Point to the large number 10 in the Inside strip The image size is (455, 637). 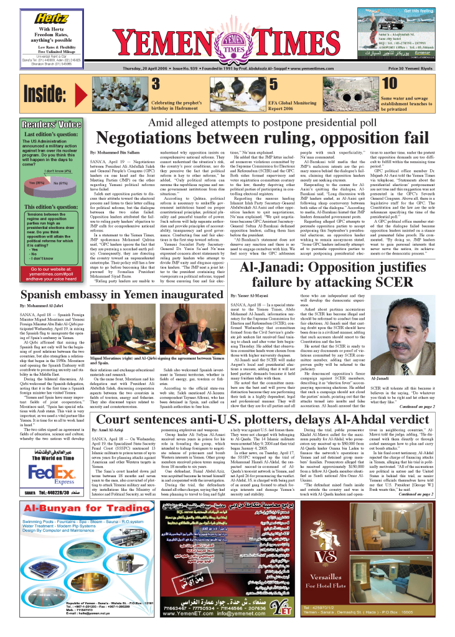tap(390, 84)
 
